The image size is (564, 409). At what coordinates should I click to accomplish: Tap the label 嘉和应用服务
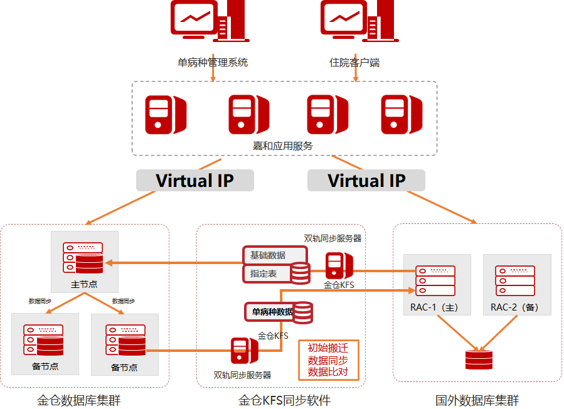tap(283, 146)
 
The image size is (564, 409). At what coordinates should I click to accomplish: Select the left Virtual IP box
tap(194, 181)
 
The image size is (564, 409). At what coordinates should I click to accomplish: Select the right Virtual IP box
tap(366, 181)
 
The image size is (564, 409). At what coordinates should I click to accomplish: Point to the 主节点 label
tap(83, 284)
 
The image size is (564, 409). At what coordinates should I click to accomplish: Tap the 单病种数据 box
tap(272, 311)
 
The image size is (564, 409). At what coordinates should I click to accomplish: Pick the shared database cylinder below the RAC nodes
tap(480, 360)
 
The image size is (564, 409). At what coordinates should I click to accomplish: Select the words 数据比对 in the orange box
tap(328, 372)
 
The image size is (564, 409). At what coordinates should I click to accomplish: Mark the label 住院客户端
tap(354, 63)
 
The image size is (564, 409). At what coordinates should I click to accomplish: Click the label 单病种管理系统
tap(213, 63)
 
